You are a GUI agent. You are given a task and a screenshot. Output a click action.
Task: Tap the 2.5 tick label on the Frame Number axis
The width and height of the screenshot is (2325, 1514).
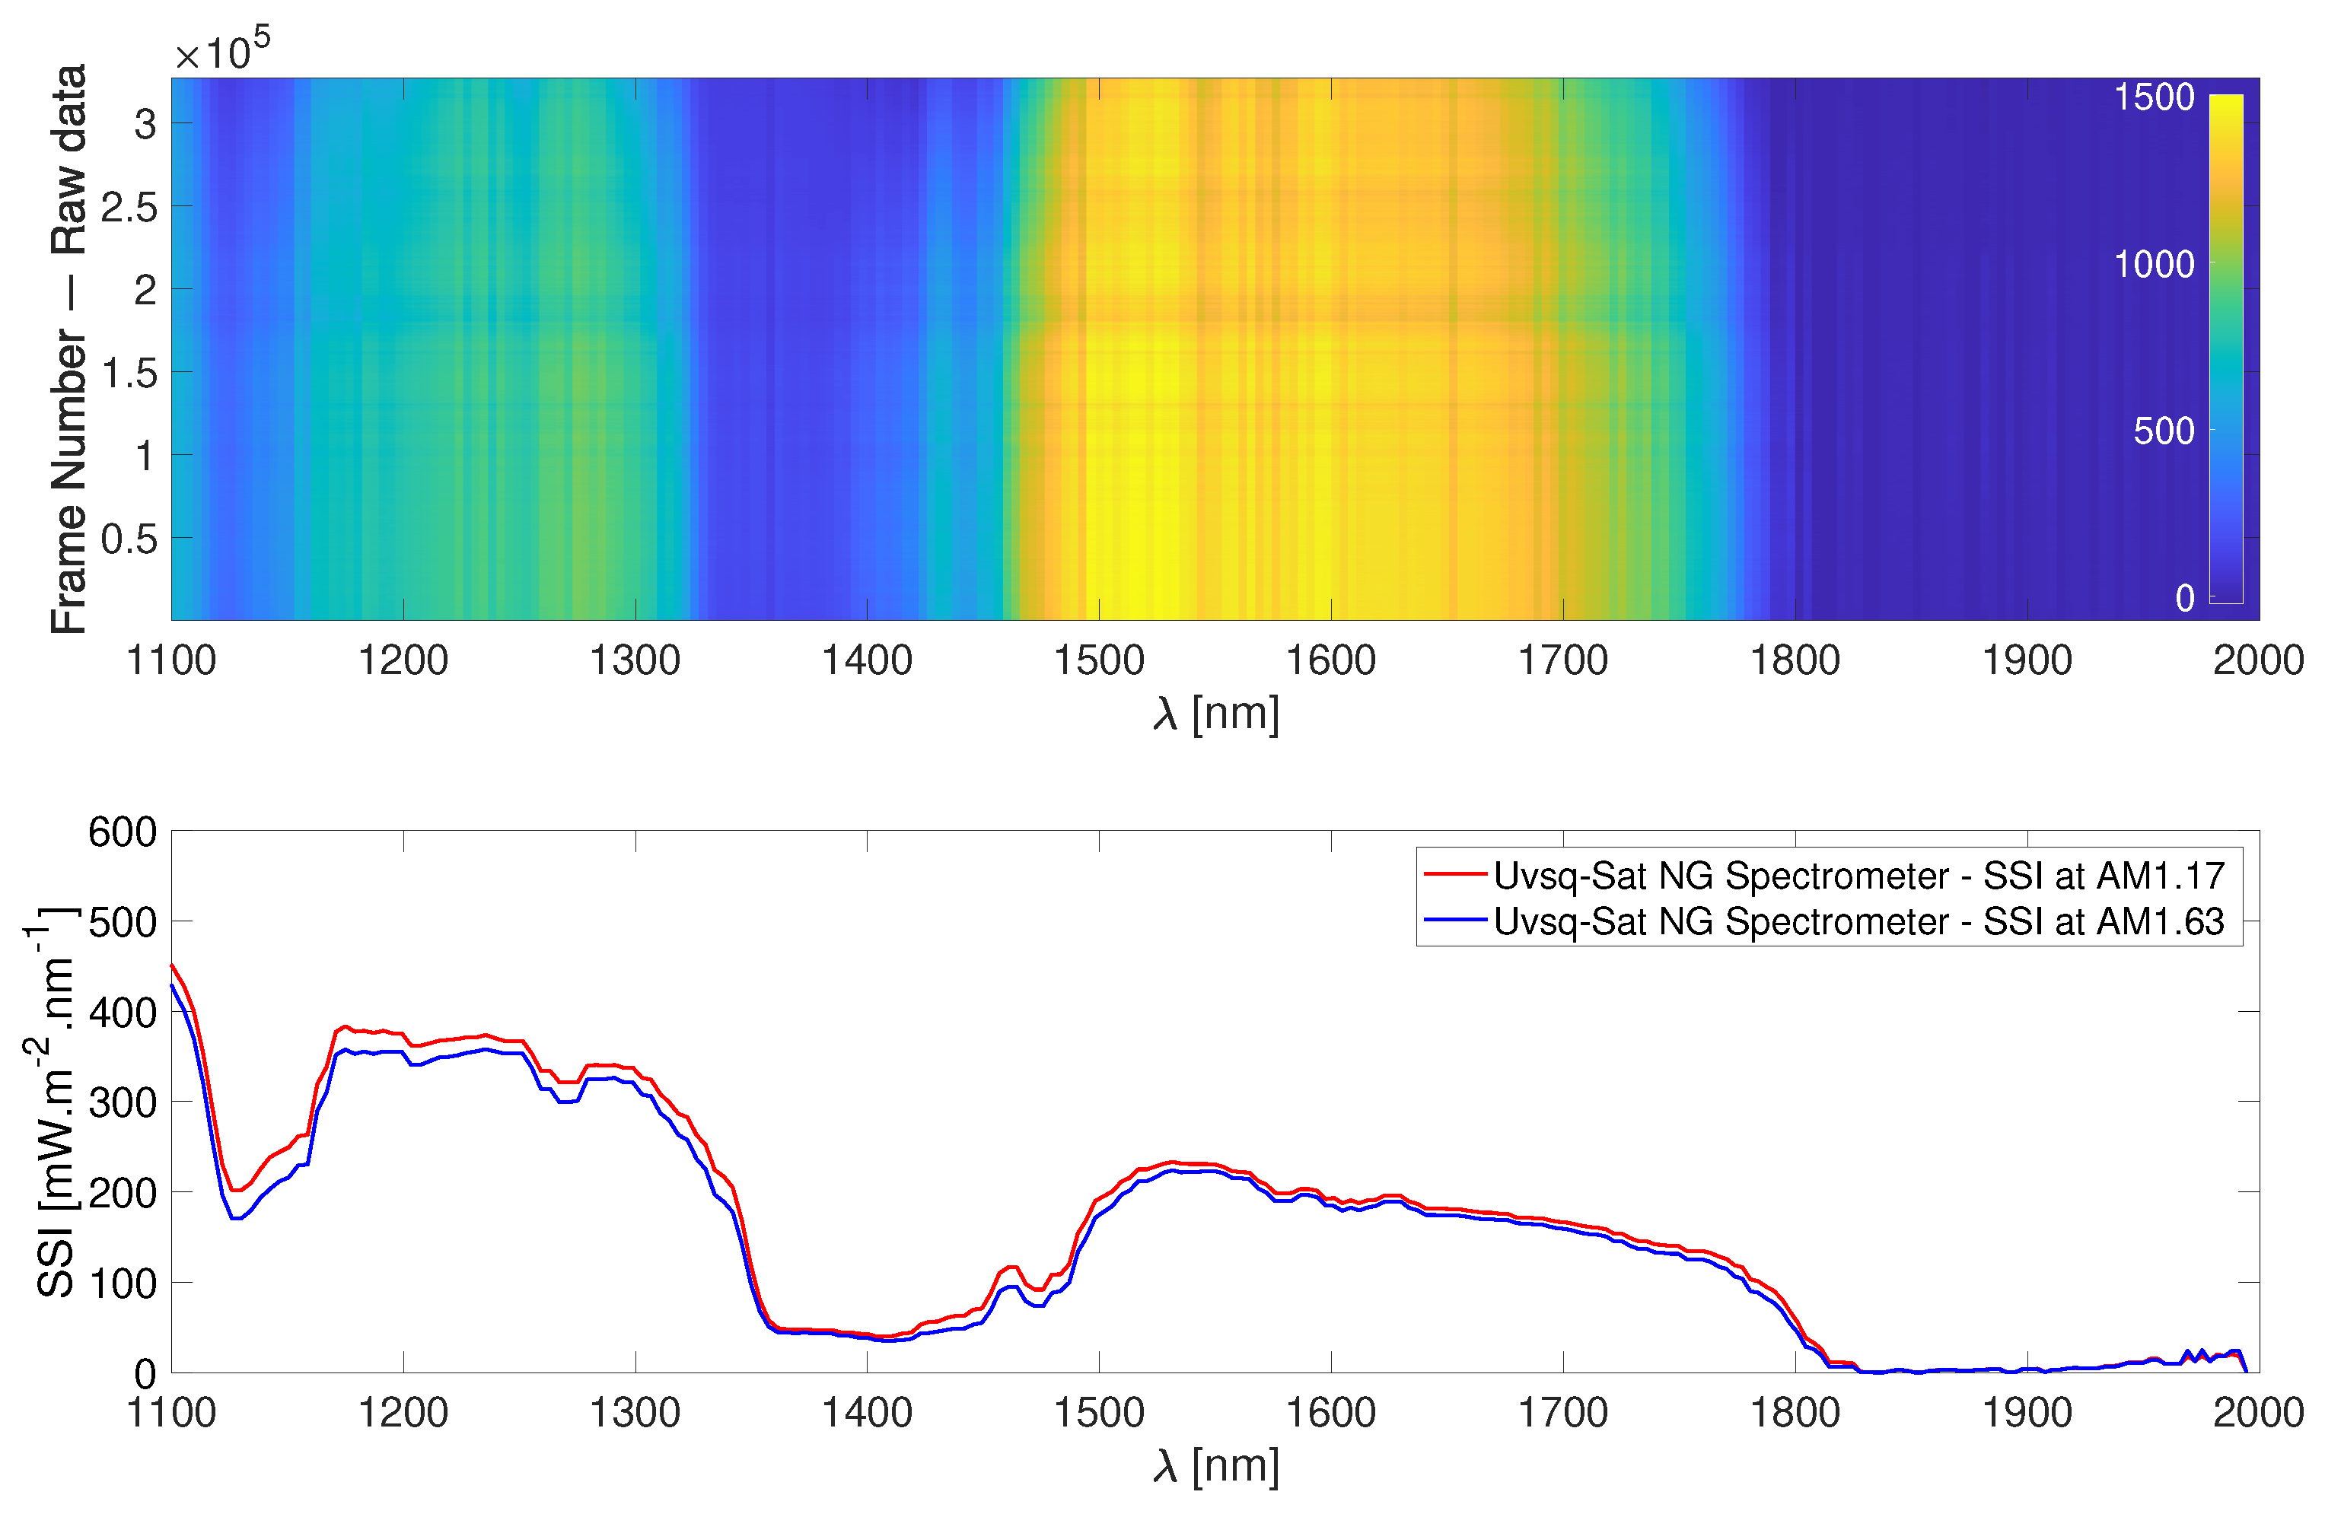coord(129,207)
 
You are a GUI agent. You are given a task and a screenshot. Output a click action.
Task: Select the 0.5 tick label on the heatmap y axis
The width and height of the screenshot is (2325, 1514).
coord(129,538)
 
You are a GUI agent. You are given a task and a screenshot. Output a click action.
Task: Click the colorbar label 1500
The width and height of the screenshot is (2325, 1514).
coord(2153,97)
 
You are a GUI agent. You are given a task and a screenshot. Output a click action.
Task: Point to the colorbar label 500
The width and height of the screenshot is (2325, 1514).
coord(2163,431)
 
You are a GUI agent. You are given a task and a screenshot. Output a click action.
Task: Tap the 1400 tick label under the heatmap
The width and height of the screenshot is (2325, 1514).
coord(867,661)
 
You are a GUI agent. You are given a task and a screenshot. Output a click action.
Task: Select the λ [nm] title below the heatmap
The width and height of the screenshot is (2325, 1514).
coord(1215,714)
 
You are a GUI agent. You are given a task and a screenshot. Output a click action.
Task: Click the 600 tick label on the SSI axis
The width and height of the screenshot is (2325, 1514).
coord(122,832)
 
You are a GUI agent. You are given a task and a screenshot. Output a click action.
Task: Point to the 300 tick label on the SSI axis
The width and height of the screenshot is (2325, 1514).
coord(122,1102)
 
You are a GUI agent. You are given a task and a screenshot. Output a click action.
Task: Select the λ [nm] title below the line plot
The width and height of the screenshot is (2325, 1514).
coord(1215,1466)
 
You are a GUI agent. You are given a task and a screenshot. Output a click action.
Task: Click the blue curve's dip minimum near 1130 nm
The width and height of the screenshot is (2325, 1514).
coord(235,1218)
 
